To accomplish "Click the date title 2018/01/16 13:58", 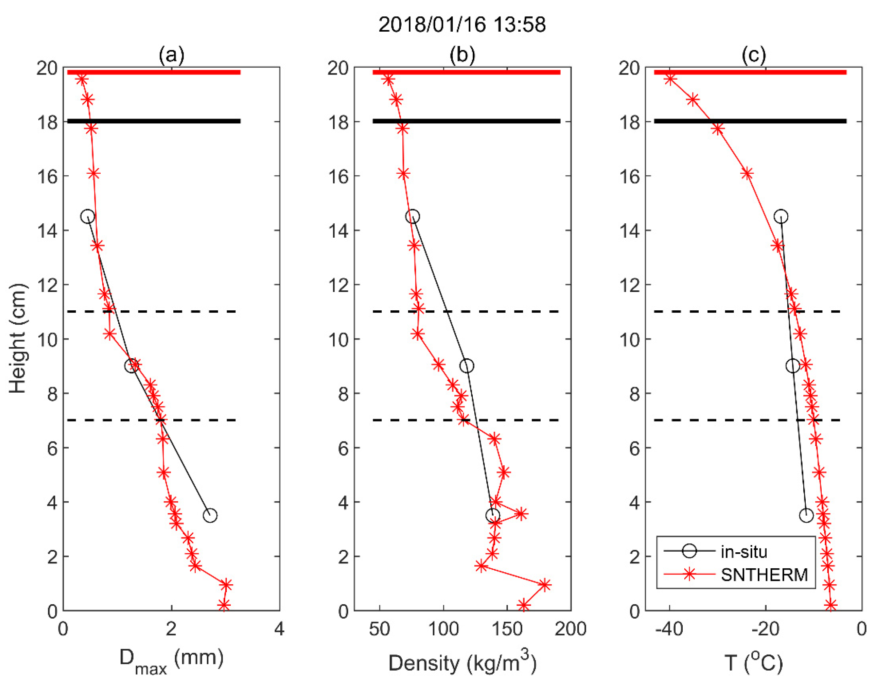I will click(x=462, y=25).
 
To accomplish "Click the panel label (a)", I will click(x=171, y=55).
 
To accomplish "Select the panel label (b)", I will click(x=462, y=55).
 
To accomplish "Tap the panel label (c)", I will click(x=753, y=55).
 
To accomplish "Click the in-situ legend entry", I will click(x=743, y=552).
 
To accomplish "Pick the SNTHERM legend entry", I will click(x=764, y=575).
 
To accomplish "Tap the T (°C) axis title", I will click(x=753, y=662).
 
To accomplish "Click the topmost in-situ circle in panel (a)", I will click(x=87, y=217).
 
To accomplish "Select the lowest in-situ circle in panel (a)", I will click(x=210, y=515).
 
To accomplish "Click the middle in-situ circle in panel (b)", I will click(x=466, y=366).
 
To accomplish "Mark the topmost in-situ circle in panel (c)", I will click(x=781, y=217).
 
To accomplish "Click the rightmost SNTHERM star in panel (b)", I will click(x=544, y=585).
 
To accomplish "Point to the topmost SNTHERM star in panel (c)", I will click(x=670, y=79).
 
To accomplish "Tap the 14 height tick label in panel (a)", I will click(x=47, y=231).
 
